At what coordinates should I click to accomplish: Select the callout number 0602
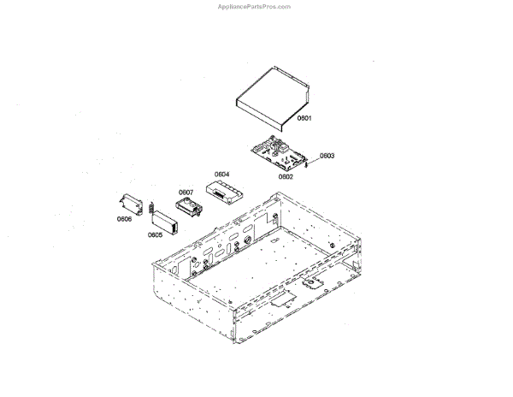click(x=286, y=177)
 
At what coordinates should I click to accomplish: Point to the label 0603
click(x=327, y=156)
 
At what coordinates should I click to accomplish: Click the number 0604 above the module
click(x=221, y=175)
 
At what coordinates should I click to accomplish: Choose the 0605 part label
click(x=155, y=234)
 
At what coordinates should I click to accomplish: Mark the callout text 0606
click(x=125, y=219)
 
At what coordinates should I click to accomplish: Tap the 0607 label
click(x=186, y=192)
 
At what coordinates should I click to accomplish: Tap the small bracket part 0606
click(x=131, y=204)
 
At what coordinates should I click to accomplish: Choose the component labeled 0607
click(x=188, y=206)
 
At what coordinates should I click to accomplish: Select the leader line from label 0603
click(x=316, y=158)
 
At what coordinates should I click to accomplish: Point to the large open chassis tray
click(x=256, y=274)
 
